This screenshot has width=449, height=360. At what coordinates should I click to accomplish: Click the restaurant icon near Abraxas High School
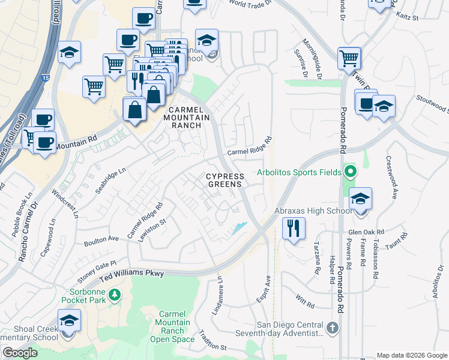point(294,228)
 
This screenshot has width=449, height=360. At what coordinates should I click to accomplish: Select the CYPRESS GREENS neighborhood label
point(225,181)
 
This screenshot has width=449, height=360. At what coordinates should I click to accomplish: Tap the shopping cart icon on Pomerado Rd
point(349,59)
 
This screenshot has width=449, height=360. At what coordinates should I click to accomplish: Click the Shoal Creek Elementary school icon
point(69,322)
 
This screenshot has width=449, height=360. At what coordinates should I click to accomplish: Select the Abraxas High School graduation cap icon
point(360,199)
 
